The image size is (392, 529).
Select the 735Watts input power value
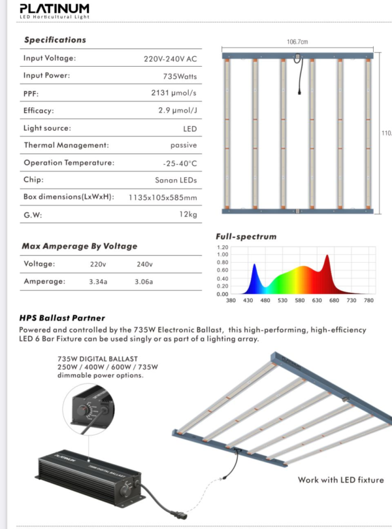(180, 76)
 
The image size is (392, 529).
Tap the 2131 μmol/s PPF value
(174, 94)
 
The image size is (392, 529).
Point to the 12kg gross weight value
(188, 214)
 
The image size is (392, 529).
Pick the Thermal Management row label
(66, 145)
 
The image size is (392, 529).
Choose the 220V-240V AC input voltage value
(171, 59)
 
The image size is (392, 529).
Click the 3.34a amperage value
(99, 282)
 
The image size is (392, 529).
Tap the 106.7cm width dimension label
(297, 42)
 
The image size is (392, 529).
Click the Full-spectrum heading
(246, 237)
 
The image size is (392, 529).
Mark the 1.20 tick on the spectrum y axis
(222, 248)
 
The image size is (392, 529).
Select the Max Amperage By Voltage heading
(80, 247)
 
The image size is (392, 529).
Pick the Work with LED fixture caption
(340, 480)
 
